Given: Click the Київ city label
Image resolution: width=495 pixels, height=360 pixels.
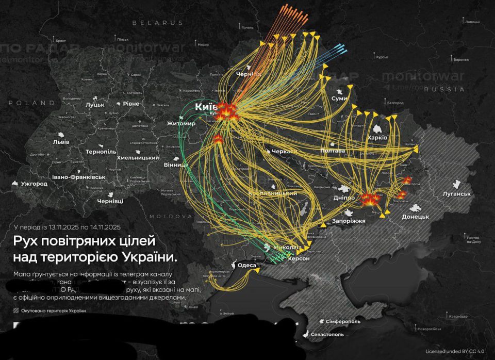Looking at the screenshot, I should point(206,107).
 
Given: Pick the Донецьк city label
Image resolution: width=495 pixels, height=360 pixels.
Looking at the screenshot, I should point(415,217).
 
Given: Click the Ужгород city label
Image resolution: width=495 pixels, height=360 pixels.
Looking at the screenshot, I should point(35,184).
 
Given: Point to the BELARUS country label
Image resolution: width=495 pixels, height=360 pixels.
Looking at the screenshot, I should point(157,23).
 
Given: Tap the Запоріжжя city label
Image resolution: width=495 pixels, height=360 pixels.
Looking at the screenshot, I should point(353,220).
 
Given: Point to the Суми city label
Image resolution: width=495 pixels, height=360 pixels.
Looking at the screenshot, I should point(339,98).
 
